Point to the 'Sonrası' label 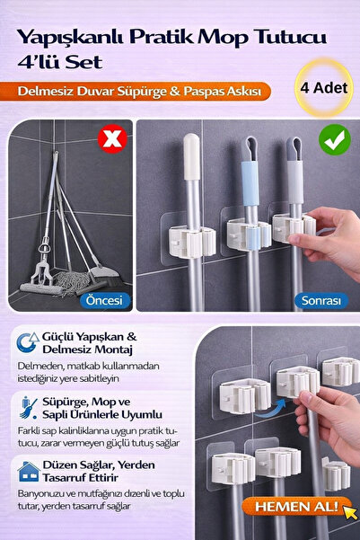320,300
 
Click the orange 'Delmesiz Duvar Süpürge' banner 144,91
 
